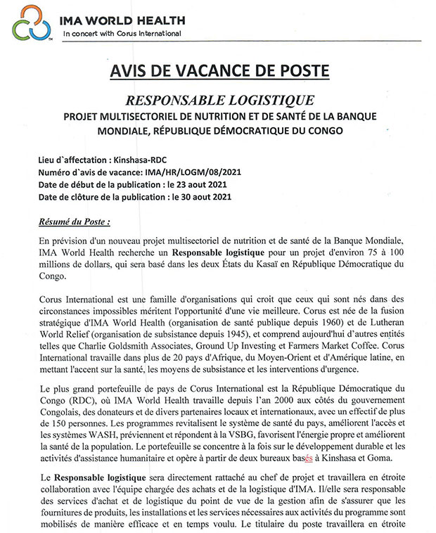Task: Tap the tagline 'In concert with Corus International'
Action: click(x=122, y=33)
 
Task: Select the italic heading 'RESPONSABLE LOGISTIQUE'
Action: click(x=219, y=101)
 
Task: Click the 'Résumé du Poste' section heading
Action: click(x=75, y=222)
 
